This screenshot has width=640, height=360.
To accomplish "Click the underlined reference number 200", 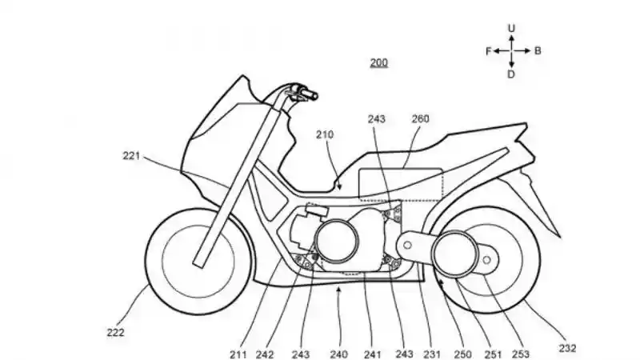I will click(379, 62).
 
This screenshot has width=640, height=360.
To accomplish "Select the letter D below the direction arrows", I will click(512, 74).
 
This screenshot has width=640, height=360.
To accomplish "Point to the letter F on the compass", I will click(487, 50).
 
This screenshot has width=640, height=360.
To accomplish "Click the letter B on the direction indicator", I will click(538, 50).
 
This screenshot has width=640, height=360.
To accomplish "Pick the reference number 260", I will click(420, 119).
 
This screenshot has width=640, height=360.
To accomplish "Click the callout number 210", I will click(324, 135).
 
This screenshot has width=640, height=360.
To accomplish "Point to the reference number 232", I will click(567, 348).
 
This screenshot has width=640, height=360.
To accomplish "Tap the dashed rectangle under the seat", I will click(400, 184).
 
